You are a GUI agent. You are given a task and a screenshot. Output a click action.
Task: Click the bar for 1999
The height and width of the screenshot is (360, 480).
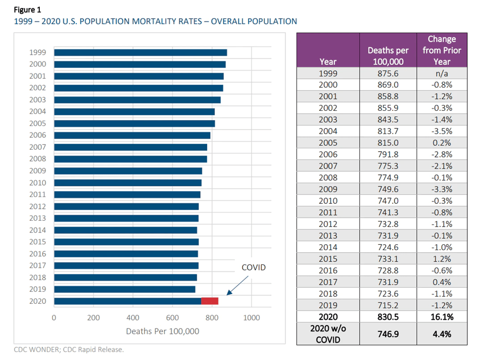(x=140, y=52)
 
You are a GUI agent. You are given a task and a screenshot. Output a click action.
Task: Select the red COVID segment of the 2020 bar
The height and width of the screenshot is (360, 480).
(x=210, y=301)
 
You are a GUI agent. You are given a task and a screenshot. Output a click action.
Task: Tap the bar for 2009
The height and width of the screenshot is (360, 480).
(x=128, y=171)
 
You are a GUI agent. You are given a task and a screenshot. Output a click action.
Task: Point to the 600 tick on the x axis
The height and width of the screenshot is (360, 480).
(x=172, y=318)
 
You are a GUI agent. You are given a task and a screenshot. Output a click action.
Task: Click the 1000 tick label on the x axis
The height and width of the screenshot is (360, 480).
(x=252, y=318)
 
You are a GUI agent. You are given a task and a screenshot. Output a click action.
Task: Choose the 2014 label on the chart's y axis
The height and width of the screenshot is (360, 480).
(x=37, y=230)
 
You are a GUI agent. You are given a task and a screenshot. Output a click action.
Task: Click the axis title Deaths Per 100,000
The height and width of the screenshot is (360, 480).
(x=162, y=331)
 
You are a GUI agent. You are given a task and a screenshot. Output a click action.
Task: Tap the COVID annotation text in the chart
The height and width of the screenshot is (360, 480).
(x=254, y=267)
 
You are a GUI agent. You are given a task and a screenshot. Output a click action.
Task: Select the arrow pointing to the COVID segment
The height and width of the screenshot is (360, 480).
(x=237, y=286)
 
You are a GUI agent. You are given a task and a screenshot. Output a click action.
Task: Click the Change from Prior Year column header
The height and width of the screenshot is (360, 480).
(x=442, y=50)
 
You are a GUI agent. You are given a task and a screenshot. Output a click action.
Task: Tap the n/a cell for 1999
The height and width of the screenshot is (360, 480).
(x=442, y=73)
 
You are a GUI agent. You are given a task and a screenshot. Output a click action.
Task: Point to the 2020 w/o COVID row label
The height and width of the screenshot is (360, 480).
(x=328, y=333)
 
